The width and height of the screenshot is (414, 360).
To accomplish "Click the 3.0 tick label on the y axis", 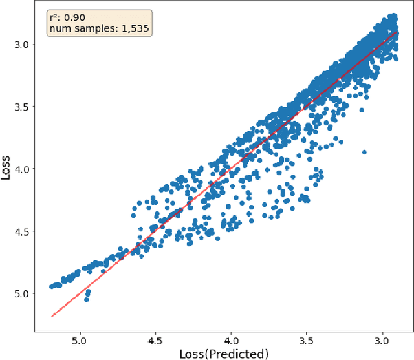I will point(21,45).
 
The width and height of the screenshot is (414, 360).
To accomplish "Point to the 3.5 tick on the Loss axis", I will point(21,107).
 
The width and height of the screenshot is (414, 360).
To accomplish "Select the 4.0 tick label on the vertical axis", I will point(21,169).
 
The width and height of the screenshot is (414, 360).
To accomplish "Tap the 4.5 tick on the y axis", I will point(21,231).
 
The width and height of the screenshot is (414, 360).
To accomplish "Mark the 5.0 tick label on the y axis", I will point(21,293).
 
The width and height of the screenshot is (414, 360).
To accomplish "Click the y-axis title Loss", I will point(7,169).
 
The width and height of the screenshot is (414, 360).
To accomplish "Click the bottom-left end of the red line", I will point(52,316).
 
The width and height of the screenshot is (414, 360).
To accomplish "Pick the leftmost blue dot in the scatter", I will point(52,286).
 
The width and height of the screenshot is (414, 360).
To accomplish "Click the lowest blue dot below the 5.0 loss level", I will point(86,299).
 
